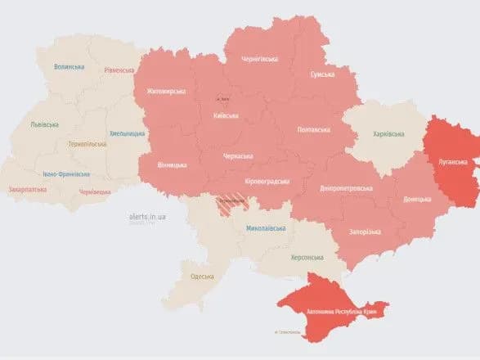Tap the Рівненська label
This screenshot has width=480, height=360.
[119, 70]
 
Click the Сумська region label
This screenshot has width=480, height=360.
[321, 74]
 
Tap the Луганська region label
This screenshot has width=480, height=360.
[455, 162]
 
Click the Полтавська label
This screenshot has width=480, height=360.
[313, 129]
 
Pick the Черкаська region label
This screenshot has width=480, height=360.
[239, 155]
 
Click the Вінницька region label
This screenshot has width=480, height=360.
[171, 165]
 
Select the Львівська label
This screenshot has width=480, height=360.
[43, 124]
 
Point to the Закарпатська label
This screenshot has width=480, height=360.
[27, 189]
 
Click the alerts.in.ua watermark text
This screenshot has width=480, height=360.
[148, 216]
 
